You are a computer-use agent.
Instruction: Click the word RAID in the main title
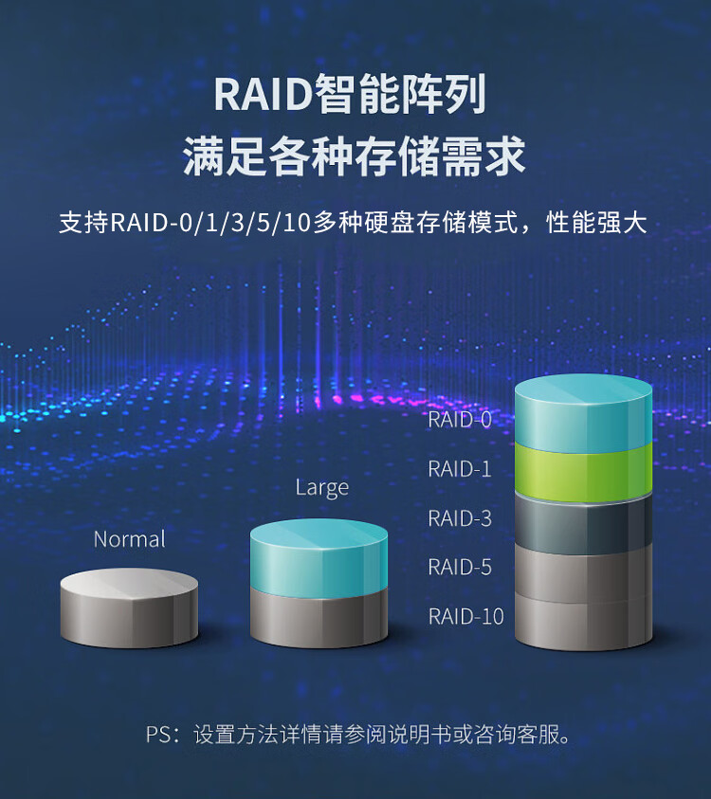[x=262, y=96]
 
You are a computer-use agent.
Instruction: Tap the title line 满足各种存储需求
[x=355, y=156]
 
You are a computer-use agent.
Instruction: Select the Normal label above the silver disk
[x=129, y=539]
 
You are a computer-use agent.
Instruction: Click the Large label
[x=321, y=488]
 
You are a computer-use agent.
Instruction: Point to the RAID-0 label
[x=460, y=420]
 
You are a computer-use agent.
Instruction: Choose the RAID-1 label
[x=460, y=468]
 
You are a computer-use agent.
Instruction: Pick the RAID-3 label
[x=460, y=518]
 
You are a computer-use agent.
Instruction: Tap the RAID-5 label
[x=460, y=568]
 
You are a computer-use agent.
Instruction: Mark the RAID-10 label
[x=465, y=616]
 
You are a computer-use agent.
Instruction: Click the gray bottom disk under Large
[x=319, y=617]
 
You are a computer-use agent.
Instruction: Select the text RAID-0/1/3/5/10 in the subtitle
[x=210, y=224]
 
